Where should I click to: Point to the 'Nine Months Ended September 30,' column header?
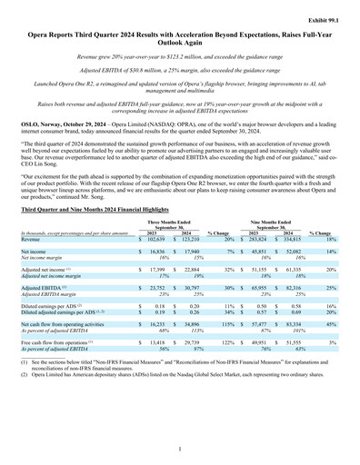(x=277, y=224)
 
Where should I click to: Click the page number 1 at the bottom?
(x=180, y=449)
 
